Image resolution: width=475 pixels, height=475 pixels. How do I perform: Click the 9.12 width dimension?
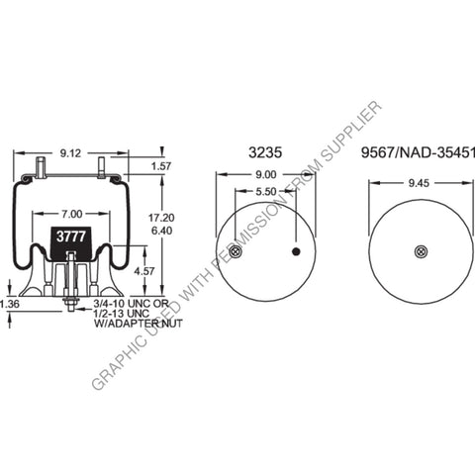click(71, 153)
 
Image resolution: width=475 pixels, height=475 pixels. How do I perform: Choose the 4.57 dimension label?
click(143, 270)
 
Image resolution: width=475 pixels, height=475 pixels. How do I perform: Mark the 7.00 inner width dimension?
click(71, 214)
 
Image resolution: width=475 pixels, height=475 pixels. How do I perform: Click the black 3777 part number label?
click(70, 237)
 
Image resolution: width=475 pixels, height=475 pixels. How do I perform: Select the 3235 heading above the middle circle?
click(265, 153)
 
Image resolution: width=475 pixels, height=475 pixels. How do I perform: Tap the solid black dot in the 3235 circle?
click(295, 252)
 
